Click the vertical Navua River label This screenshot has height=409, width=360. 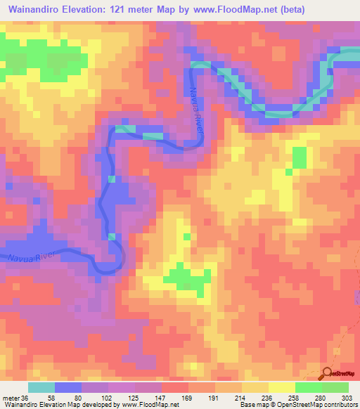[x=196, y=101]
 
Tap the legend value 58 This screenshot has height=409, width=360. [x=52, y=397]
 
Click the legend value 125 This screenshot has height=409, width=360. [x=136, y=397]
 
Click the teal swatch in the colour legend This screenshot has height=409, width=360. [x=41, y=387]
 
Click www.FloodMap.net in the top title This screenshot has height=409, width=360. [x=261, y=9]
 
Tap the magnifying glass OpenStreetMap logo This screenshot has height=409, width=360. [x=326, y=373]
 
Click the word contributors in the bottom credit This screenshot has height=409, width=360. [x=340, y=405]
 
